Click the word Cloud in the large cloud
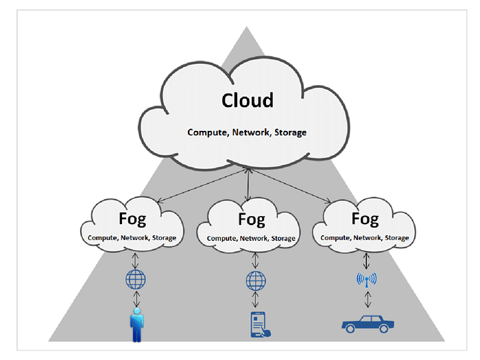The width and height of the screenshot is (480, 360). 248,100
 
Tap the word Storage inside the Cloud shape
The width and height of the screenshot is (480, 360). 290,132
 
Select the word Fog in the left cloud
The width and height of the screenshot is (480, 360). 132,219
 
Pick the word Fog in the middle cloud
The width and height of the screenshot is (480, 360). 252,220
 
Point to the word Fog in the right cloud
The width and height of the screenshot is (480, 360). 365,219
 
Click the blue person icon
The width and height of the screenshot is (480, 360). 137,325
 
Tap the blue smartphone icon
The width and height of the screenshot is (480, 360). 260,324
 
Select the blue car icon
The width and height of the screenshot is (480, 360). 368,324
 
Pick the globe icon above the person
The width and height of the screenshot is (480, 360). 136,280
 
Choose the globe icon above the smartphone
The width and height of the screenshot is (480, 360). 256,280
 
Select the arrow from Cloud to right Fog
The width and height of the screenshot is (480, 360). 289,186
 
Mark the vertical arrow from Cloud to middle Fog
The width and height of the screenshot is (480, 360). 248,184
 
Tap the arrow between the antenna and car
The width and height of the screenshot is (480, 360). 368,299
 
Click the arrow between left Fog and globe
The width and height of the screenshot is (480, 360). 135,261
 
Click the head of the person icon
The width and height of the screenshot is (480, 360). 137,311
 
